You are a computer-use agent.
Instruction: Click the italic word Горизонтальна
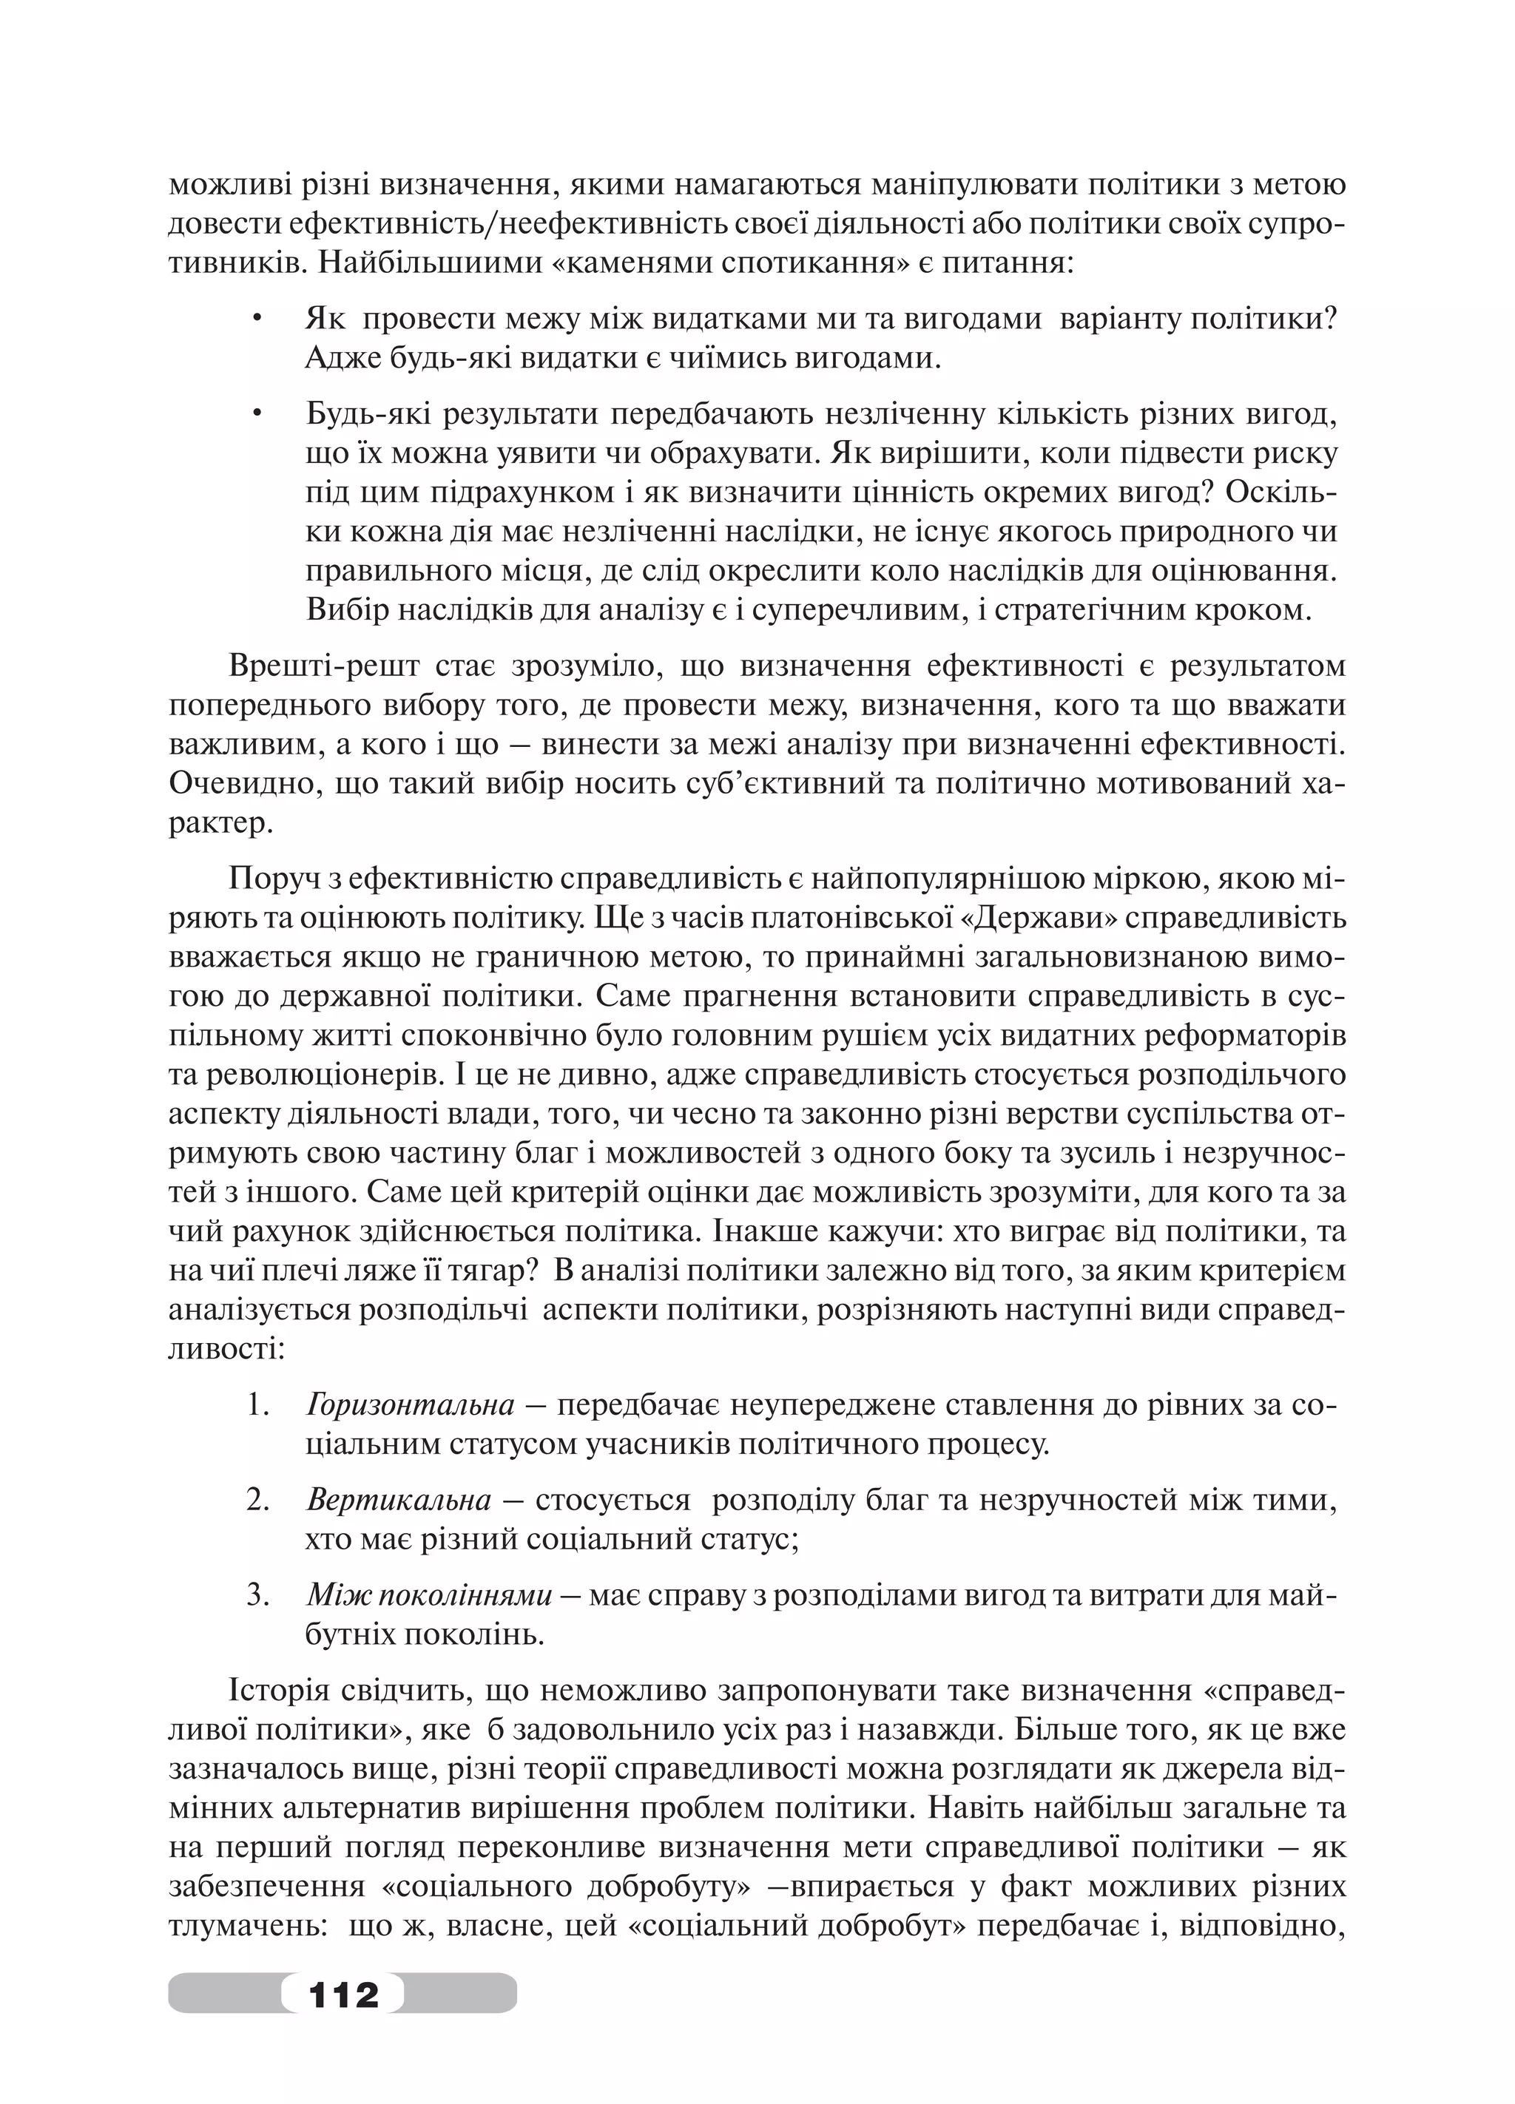pos(410,1405)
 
